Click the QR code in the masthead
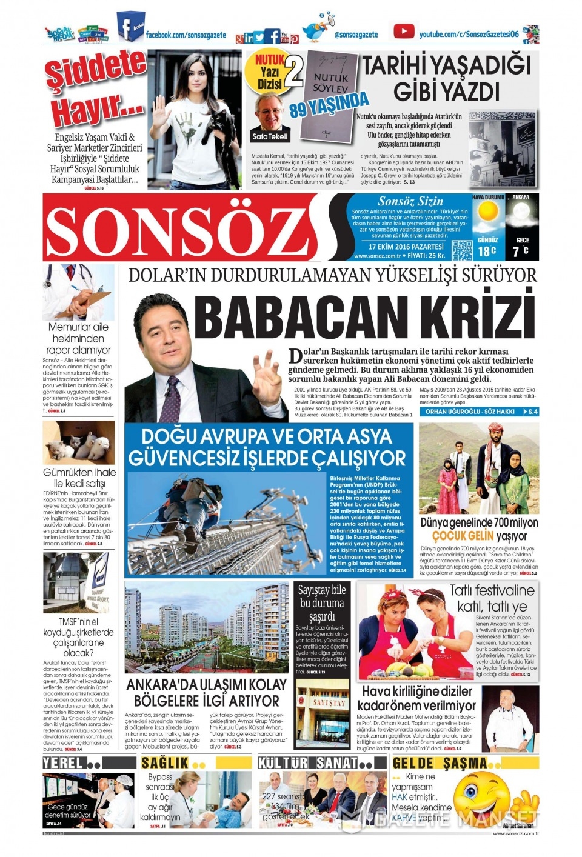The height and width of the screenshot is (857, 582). pyautogui.click(x=461, y=250)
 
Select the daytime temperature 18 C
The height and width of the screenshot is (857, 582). pyautogui.click(x=487, y=251)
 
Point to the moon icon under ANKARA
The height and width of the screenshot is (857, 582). pyautogui.click(x=521, y=215)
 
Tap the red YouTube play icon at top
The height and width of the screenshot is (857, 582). pyautogui.click(x=404, y=31)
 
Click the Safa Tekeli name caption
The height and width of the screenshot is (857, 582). pyautogui.click(x=270, y=136)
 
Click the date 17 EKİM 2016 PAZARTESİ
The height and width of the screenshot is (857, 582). pyautogui.click(x=406, y=247)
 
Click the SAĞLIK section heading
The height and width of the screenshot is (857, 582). pyautogui.click(x=166, y=762)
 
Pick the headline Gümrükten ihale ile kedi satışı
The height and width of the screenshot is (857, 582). pyautogui.click(x=79, y=478)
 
